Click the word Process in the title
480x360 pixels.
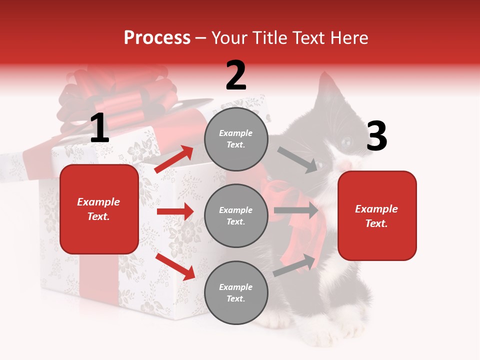pos(157,37)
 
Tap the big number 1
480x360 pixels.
pos(99,128)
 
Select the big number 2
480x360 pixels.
pos(236,75)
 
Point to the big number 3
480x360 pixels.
pos(376,136)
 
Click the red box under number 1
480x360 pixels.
pos(99,209)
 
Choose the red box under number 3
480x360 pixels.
pos(377,216)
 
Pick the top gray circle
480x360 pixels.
pos(236,139)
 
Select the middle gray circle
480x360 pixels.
pos(236,215)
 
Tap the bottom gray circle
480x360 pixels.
pos(236,292)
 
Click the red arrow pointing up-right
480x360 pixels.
pos(174,159)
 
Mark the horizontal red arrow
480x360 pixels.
pos(175,211)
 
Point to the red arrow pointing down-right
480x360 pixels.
pos(175,266)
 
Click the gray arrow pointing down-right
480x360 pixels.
pos(297,159)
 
